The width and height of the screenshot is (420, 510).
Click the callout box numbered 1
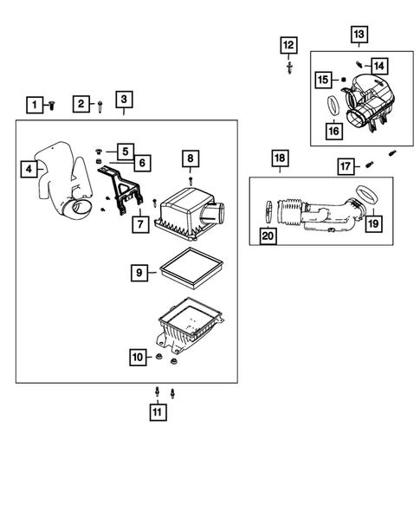(x=35, y=105)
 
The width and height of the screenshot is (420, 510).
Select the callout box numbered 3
(x=124, y=100)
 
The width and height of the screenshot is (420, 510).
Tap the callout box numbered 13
(x=359, y=34)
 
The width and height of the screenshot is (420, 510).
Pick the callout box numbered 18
(x=280, y=158)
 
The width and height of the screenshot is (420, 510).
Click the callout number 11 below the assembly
(x=158, y=412)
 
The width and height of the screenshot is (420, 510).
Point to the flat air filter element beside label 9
(x=191, y=268)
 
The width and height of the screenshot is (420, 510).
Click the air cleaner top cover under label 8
(x=190, y=214)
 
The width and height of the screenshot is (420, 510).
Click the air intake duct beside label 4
(x=64, y=182)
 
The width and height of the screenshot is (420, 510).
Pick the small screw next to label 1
(x=51, y=105)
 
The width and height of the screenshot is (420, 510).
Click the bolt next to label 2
(x=100, y=107)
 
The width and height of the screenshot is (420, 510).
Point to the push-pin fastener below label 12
(x=289, y=68)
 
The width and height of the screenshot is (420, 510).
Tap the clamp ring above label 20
(x=268, y=212)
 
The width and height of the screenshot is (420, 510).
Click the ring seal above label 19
(x=367, y=194)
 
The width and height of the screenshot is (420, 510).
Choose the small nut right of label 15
(x=343, y=80)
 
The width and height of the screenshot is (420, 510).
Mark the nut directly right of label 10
(x=159, y=357)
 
